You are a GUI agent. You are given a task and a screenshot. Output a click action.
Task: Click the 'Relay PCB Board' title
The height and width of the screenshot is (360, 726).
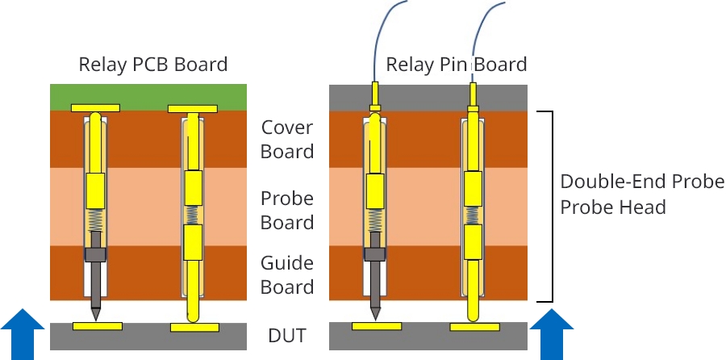[152, 65]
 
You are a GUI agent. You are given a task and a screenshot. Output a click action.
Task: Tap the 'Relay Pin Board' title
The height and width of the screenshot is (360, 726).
[457, 65]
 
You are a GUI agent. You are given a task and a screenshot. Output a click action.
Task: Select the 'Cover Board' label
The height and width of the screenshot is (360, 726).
[287, 140]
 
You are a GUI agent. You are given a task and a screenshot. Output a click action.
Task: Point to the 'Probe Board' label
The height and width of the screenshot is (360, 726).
[287, 211]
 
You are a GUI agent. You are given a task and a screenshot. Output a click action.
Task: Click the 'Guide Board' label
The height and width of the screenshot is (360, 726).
[287, 274]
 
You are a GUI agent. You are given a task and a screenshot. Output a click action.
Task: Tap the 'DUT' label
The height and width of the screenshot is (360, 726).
[287, 336]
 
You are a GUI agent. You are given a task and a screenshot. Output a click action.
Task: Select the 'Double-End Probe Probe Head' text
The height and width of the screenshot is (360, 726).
[642, 195]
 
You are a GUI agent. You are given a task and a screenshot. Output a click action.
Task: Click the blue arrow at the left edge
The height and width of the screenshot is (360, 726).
[23, 334]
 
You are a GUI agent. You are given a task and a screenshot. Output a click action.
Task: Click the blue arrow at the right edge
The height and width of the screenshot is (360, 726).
[552, 334]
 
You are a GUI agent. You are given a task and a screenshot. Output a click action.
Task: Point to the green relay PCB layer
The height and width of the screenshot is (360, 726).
[148, 95]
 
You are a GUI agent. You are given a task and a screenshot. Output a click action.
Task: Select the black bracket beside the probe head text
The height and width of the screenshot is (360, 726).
[552, 206]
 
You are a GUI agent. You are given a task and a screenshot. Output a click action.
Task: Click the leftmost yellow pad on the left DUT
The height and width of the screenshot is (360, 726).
[98, 326]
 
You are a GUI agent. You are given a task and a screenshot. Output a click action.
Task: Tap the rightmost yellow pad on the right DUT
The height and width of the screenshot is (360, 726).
[474, 327]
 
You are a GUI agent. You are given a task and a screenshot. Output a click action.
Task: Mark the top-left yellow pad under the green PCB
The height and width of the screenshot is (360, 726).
[95, 108]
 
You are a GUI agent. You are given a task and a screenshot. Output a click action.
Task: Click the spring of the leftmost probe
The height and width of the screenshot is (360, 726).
[95, 220]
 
